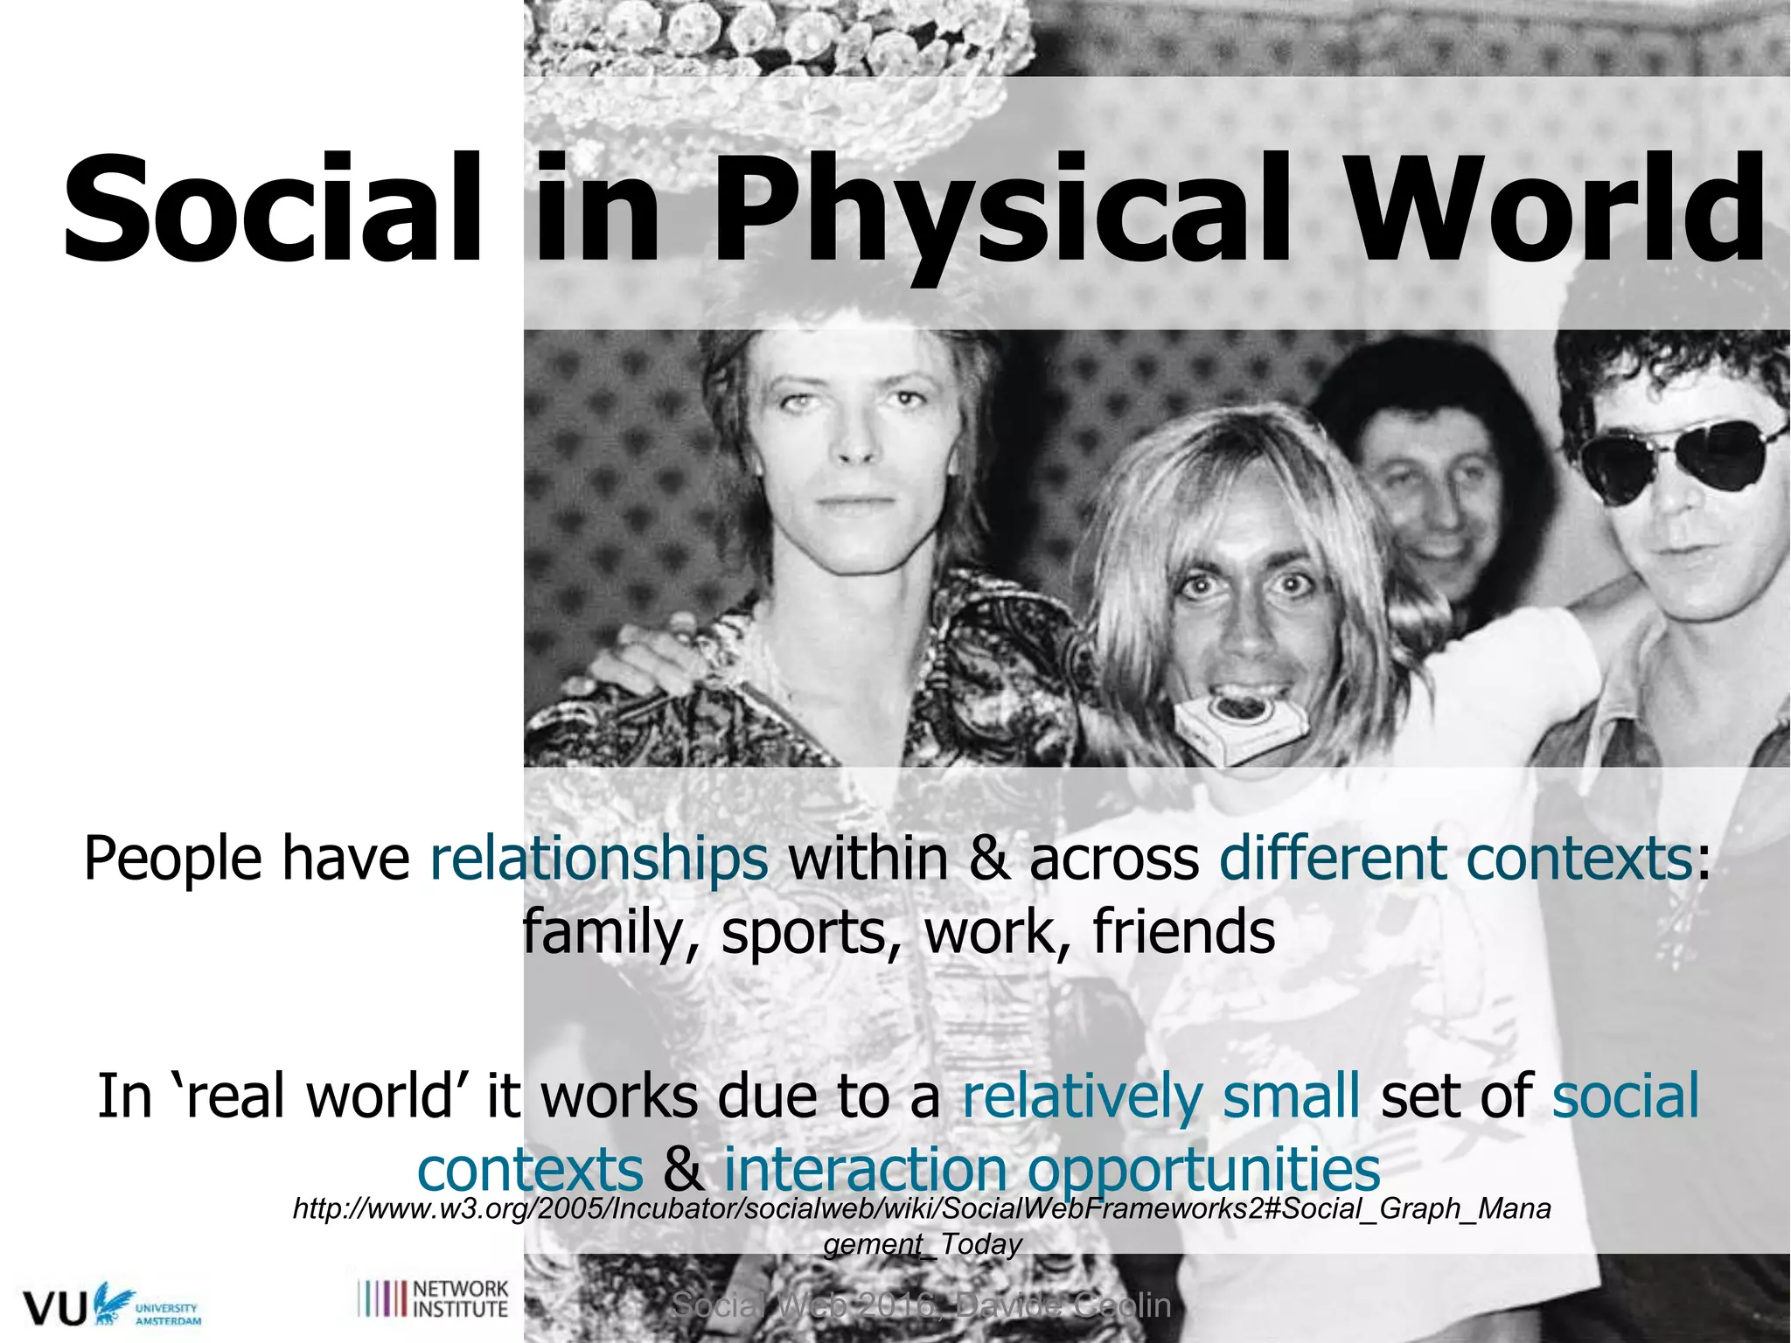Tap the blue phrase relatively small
1160,1095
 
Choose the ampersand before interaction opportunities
683,1168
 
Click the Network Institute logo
434,1298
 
